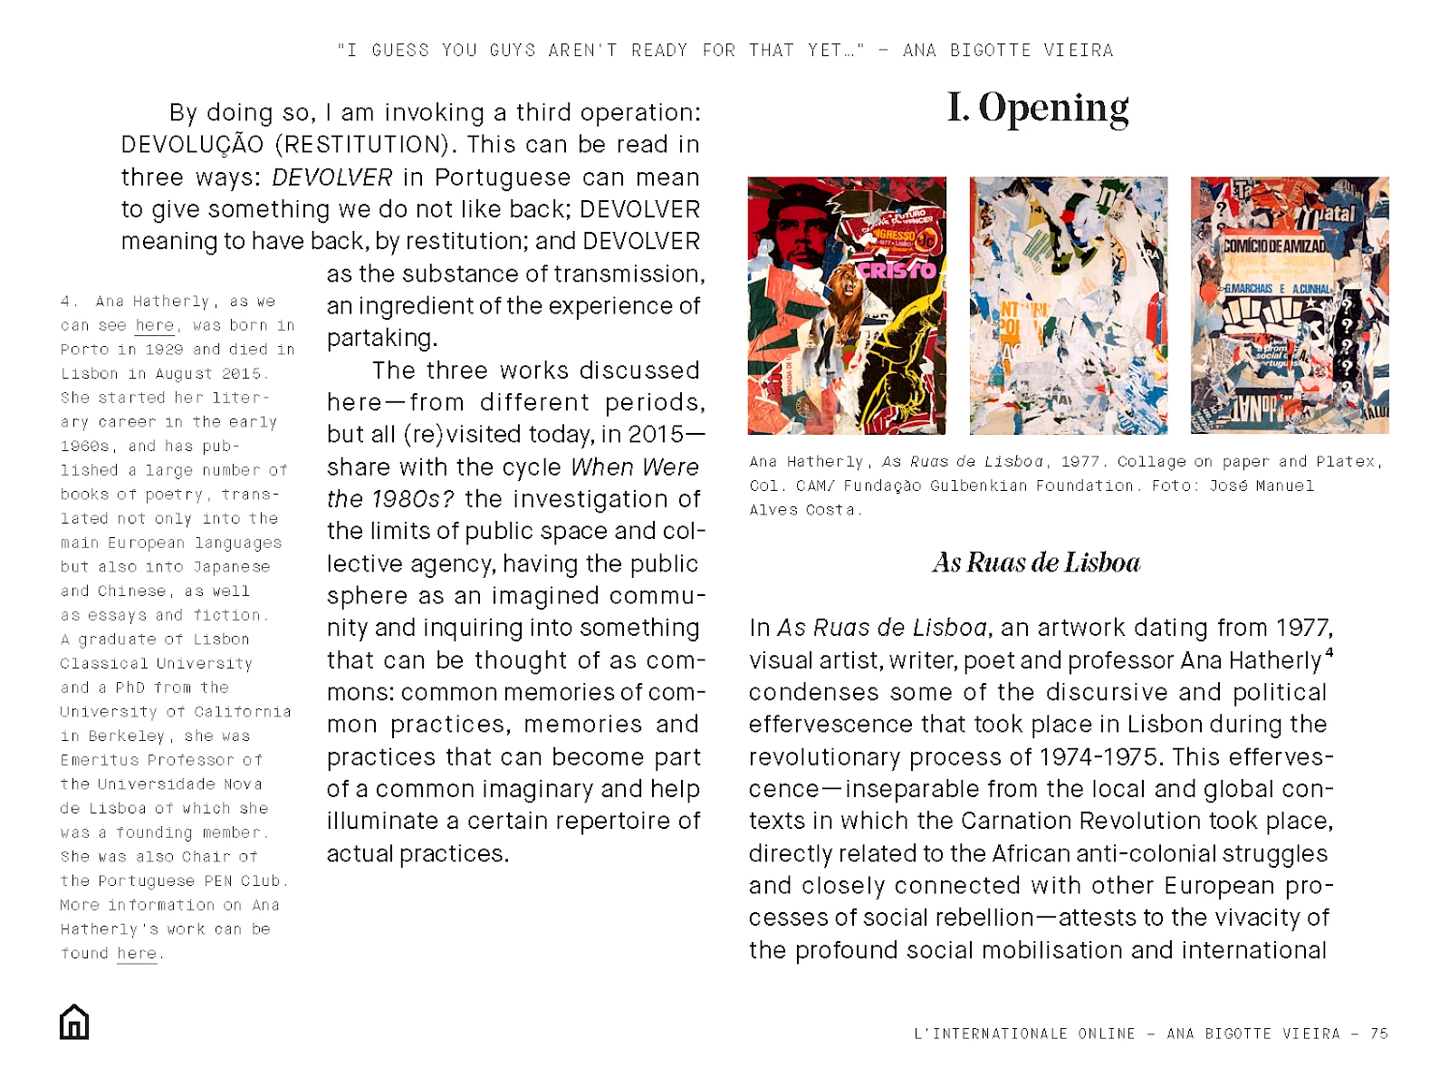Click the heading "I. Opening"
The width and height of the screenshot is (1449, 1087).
1037,108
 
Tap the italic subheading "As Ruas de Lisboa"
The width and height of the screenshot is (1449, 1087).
1036,563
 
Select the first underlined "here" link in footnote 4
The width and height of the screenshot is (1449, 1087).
154,326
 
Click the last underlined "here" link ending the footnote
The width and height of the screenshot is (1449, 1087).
137,954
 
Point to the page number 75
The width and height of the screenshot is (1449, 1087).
1378,1034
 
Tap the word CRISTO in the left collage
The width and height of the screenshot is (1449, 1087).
897,270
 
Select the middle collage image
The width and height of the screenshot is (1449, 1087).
1069,305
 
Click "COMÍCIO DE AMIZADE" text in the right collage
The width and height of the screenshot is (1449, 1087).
1274,245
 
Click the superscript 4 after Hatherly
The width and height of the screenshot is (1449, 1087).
1329,652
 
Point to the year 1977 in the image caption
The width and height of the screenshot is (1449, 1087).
1080,462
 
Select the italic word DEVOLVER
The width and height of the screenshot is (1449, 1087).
331,178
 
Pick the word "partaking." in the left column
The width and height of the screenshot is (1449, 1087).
382,339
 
